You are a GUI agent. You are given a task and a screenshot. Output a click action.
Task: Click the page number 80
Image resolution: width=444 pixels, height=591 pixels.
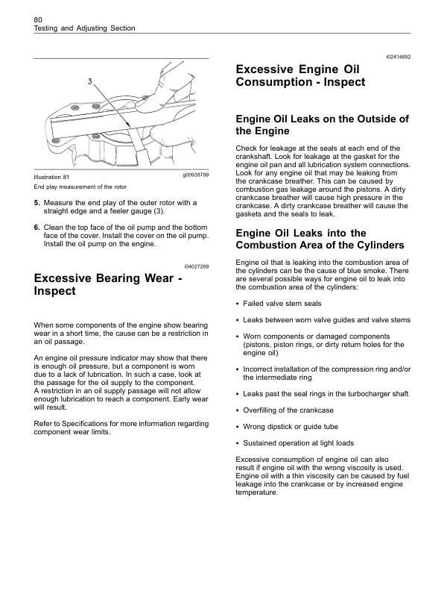click(39, 18)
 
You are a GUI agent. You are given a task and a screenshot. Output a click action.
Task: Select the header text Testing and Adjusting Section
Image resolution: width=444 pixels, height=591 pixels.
click(85, 28)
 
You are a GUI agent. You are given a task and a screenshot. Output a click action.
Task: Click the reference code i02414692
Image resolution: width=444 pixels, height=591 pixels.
click(398, 57)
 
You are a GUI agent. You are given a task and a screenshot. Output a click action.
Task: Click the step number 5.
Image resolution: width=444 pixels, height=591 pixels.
click(37, 202)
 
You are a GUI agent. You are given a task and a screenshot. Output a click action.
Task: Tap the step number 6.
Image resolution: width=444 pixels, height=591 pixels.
click(37, 227)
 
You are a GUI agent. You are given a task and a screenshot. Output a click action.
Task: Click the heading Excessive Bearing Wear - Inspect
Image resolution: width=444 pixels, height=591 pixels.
click(108, 284)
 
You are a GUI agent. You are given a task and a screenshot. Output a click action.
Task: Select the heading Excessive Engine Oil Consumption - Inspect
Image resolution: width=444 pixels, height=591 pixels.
click(300, 75)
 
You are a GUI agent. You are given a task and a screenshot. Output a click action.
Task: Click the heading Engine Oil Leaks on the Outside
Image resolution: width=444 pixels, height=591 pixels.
click(322, 125)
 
